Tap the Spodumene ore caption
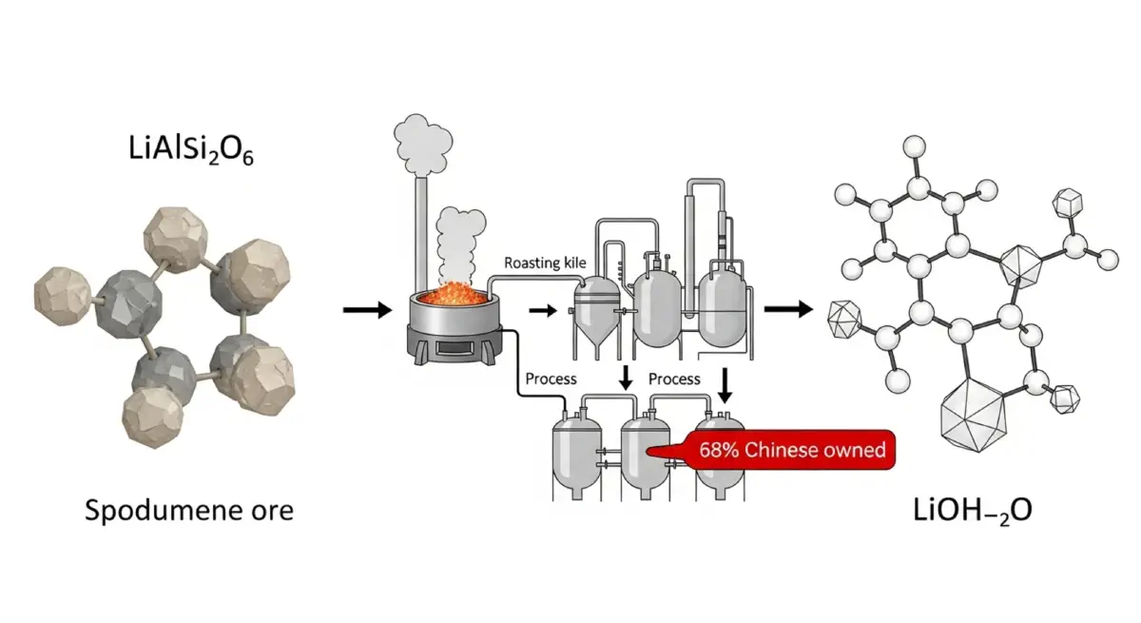[x=189, y=510]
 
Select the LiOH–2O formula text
[x=969, y=510]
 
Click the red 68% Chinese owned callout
[x=791, y=450]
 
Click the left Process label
[x=551, y=379]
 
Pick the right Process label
[x=674, y=379]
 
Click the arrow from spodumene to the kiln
[x=366, y=309]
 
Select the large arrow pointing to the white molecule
[x=788, y=308]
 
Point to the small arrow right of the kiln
[x=543, y=310]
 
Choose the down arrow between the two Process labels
[x=625, y=378]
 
